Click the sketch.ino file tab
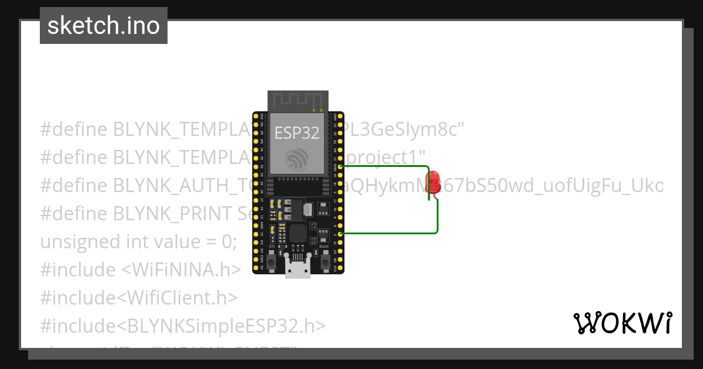pos(104,26)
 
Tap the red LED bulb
pos(433,179)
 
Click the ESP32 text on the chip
pos(297,132)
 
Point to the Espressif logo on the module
pos(297,159)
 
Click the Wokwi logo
pos(622,323)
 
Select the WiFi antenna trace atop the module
pos(298,101)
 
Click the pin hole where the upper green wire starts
pos(340,166)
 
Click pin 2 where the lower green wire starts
pos(340,234)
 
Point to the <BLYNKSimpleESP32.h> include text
pos(226,326)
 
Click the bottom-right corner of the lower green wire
pos(437,233)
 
